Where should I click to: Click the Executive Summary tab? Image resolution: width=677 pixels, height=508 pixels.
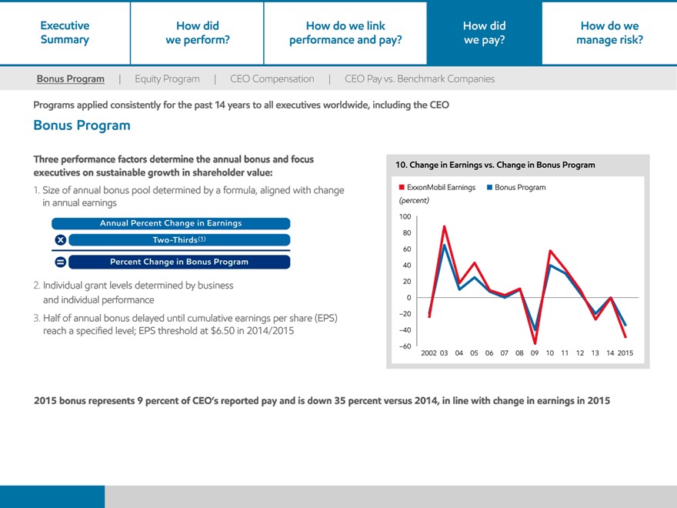tap(65, 33)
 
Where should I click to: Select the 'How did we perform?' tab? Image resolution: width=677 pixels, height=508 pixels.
tap(197, 33)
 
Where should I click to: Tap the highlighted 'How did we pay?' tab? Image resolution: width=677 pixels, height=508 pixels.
tap(484, 33)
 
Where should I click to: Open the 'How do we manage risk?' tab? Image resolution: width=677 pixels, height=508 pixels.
tap(609, 33)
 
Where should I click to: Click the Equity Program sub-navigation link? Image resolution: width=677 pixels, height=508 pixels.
tap(167, 79)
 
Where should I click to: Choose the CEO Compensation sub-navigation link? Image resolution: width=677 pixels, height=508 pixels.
tap(272, 79)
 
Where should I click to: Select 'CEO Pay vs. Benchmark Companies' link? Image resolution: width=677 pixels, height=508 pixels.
tap(419, 79)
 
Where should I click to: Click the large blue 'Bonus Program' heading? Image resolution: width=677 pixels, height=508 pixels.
tap(82, 125)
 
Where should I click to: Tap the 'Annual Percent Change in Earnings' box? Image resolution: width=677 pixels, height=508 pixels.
tap(171, 223)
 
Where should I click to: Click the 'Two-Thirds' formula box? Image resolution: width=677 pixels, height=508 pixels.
tap(179, 239)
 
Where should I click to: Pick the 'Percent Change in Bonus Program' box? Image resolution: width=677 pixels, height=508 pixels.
tap(179, 262)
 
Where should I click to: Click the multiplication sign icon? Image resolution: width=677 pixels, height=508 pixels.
tap(59, 239)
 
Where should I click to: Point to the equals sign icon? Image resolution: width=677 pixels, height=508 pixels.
tap(59, 262)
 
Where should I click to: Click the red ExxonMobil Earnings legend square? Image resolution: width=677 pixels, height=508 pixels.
tap(401, 187)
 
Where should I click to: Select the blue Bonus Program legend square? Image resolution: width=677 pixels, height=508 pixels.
tap(489, 187)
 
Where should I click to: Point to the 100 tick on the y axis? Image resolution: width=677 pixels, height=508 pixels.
tap(406, 217)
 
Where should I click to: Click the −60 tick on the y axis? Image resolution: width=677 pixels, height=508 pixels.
tap(405, 346)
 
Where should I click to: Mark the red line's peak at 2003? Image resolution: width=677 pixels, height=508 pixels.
tap(445, 226)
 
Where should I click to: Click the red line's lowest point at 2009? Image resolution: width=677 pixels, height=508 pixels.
tap(535, 343)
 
